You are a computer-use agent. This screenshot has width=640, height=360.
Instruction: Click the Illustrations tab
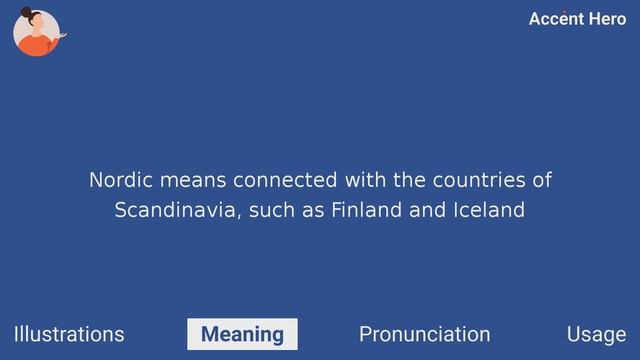coord(69,334)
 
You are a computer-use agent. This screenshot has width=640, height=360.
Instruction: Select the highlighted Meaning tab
coord(242,334)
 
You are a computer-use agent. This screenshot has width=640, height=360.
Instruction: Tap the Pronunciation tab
coord(424,334)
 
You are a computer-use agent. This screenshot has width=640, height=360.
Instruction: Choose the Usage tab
coord(596,334)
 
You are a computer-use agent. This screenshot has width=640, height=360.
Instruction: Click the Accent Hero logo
coord(577,19)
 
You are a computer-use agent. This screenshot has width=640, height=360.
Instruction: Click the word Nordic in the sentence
coord(117,181)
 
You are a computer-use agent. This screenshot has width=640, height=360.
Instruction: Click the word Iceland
coord(489,211)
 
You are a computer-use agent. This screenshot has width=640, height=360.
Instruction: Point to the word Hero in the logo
coord(605,19)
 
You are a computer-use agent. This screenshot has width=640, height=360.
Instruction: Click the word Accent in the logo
coord(555,19)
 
